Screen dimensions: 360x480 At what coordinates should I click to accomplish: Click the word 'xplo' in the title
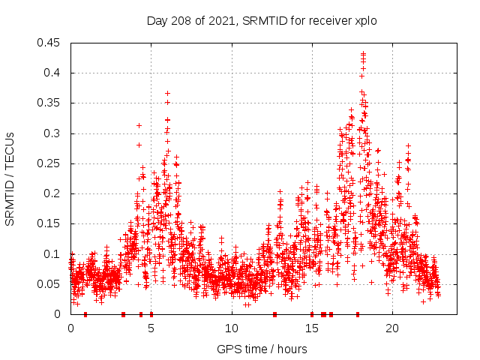tap(364, 20)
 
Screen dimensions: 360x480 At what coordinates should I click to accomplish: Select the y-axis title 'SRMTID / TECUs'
tap(10, 179)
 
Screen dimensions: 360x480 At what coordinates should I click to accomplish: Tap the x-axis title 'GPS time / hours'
tap(261, 349)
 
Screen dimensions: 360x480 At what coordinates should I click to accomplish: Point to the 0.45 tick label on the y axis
tap(50, 43)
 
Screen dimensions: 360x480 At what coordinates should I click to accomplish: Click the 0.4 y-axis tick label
tap(53, 73)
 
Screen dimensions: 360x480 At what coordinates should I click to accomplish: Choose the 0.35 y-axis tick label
tap(50, 103)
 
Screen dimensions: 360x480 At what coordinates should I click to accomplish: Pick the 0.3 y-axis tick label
tap(53, 133)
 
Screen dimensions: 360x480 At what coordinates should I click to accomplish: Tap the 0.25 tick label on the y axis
tap(50, 163)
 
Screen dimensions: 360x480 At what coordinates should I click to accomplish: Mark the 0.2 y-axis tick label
tap(53, 193)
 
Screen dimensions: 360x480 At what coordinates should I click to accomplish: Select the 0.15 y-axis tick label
tap(50, 223)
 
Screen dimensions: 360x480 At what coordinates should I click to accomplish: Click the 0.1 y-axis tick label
tap(53, 254)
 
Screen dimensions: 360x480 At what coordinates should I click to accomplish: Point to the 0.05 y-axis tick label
tap(50, 284)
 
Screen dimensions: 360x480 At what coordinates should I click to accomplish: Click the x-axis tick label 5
tap(151, 328)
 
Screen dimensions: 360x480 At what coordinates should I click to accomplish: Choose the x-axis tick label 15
tap(311, 328)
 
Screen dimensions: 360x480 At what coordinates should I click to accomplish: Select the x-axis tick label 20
tap(391, 328)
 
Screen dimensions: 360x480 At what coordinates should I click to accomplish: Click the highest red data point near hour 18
tap(363, 53)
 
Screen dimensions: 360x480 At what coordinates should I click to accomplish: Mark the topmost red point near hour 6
tap(167, 93)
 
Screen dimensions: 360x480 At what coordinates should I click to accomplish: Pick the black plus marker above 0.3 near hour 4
tap(139, 125)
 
